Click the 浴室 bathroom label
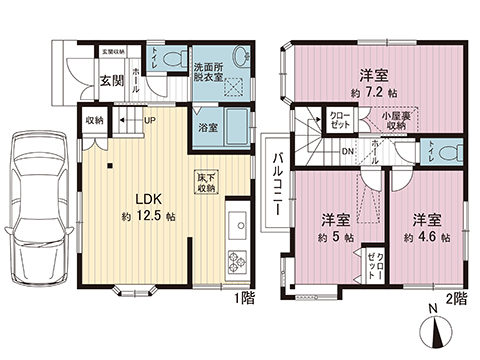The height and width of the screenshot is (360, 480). click(x=208, y=128)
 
